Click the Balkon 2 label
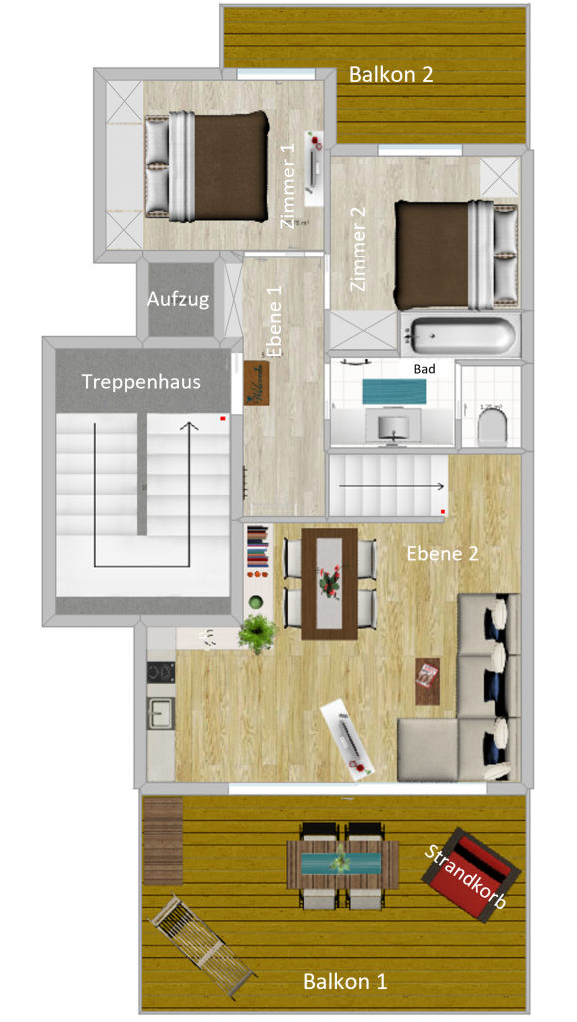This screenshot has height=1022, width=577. [390, 73]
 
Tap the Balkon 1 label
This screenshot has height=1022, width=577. [345, 981]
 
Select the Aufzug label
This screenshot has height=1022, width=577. [178, 298]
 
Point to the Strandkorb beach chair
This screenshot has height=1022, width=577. [471, 873]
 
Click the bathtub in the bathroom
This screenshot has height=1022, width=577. [458, 335]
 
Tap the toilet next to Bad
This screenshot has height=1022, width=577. [491, 428]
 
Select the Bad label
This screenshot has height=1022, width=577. [424, 368]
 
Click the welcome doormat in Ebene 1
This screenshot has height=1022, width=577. [259, 385]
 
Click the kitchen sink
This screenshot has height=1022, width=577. [160, 712]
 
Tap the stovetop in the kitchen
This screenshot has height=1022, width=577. [159, 673]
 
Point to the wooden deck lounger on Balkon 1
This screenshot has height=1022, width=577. [201, 947]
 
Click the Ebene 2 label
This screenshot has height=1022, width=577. [442, 553]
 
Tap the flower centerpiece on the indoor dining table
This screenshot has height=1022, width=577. [328, 582]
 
